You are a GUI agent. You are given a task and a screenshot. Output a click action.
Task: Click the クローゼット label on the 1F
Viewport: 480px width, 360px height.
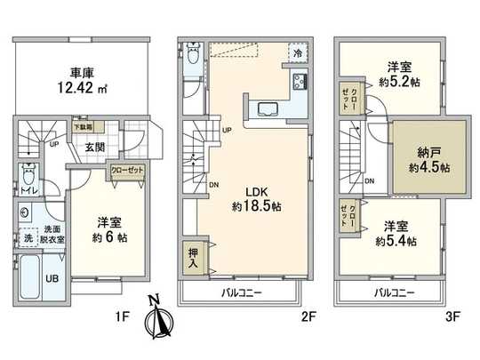point(124,170)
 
